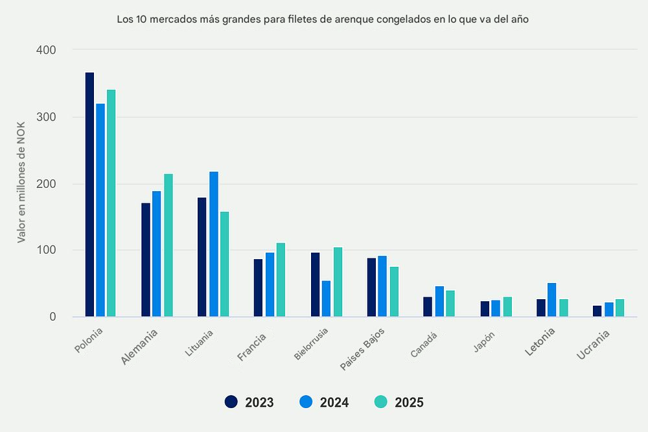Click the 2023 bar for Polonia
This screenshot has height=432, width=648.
tap(89, 194)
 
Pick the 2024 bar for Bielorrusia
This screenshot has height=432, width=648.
tap(326, 299)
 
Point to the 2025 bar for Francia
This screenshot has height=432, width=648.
tap(281, 280)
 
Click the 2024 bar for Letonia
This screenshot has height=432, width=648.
tap(551, 300)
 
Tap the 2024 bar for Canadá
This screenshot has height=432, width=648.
tap(439, 301)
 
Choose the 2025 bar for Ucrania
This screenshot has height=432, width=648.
tap(619, 308)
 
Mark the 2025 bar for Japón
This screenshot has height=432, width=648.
tap(507, 307)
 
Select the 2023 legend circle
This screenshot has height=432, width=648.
tap(231, 402)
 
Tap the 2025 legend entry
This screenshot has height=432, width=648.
tap(399, 402)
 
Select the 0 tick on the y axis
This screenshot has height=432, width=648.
tap(52, 317)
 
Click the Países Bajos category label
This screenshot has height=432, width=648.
tap(362, 350)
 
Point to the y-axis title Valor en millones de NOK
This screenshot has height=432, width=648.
tap(21, 183)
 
